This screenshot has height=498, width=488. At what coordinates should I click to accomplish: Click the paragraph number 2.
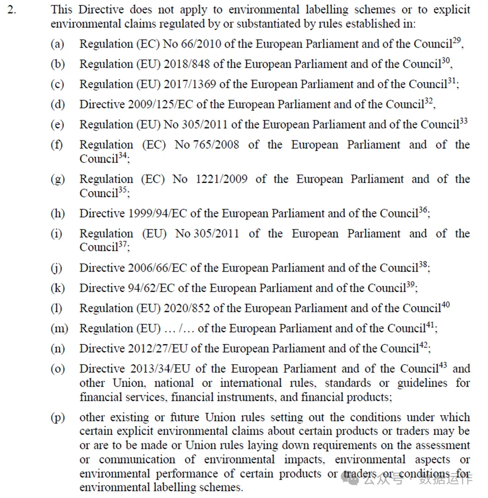(11, 9)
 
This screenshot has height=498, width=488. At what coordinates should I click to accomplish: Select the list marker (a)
(57, 44)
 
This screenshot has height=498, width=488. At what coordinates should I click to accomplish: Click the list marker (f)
(57, 145)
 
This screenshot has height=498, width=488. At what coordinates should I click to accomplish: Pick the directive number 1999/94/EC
(157, 213)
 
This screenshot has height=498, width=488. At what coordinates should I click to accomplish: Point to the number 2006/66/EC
(157, 268)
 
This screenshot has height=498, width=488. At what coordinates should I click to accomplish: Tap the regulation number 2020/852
(186, 309)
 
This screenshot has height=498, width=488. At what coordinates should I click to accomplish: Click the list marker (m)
(59, 328)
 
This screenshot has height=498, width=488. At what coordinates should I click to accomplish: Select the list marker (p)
(58, 418)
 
